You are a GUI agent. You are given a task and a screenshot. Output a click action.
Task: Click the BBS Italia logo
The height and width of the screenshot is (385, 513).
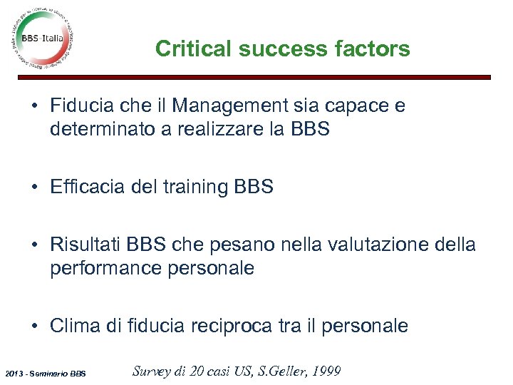[x=43, y=39]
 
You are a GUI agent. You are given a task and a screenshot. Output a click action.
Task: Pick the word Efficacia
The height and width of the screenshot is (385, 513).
[x=85, y=188]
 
